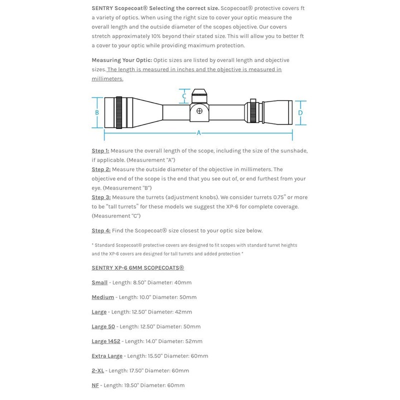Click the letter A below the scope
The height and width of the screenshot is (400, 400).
[x=198, y=133]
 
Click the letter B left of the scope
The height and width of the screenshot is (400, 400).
[x=97, y=112]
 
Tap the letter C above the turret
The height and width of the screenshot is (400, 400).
[x=184, y=96]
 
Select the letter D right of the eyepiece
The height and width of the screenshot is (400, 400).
[x=300, y=113]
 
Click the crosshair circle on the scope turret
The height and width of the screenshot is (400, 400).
[x=199, y=110]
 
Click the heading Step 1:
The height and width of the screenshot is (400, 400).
[x=100, y=150]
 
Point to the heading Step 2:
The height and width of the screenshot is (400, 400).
[x=101, y=169]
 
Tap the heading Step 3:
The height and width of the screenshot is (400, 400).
[x=101, y=197]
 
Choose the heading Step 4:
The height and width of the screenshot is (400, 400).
[x=101, y=230]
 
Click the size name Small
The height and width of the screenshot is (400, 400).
[x=99, y=282]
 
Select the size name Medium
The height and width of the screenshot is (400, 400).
[x=102, y=297]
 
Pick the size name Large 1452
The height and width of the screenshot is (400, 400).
[x=106, y=341]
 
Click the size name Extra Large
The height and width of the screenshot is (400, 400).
[x=107, y=356]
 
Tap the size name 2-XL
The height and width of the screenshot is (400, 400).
[x=97, y=370]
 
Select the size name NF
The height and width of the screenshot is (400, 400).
[x=95, y=385]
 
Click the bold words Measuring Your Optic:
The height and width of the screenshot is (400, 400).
[x=121, y=60]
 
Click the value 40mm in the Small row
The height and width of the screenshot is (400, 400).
[x=183, y=282]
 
